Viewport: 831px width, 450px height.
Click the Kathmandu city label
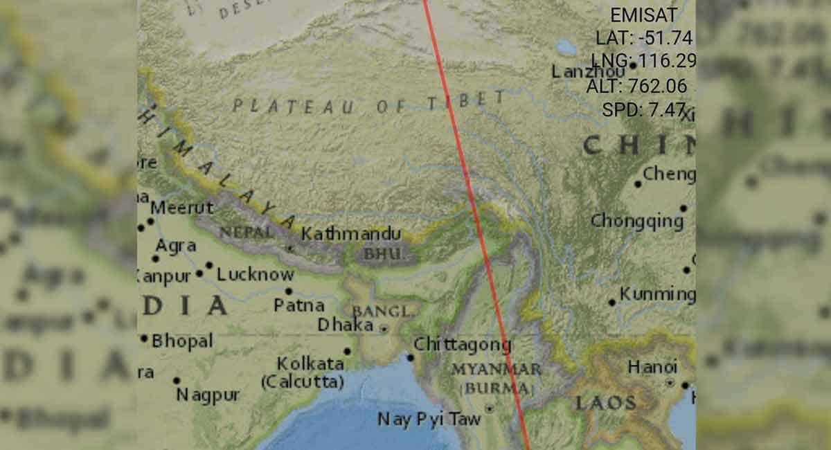point(350,233)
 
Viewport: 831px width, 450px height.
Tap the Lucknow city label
point(255,274)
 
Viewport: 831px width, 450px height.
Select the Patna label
point(299,305)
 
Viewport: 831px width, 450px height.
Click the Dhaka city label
point(345,324)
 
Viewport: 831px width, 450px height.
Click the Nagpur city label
point(208,395)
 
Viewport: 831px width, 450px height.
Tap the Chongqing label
point(637,221)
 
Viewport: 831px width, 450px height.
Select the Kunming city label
point(657,294)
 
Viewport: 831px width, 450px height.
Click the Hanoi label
point(652,366)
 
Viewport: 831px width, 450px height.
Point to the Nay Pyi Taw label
point(429,419)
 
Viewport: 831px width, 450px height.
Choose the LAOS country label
point(605,403)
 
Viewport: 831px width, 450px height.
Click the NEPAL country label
point(247,233)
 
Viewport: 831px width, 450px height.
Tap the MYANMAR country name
point(495,369)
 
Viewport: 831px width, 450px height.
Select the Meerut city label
point(182,207)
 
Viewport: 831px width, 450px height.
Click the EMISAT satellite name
point(641,15)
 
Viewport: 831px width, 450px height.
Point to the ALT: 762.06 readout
point(636,87)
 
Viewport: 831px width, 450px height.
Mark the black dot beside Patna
point(289,291)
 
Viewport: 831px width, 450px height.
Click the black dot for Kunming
point(612,303)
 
